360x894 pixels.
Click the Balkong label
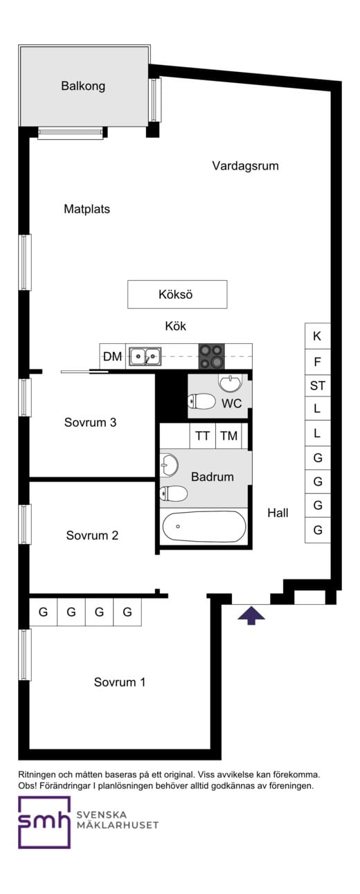(x=82, y=86)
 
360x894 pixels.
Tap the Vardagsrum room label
(x=245, y=166)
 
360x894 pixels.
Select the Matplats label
(x=87, y=209)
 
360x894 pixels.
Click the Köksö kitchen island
(x=177, y=294)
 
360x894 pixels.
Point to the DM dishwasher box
(x=112, y=356)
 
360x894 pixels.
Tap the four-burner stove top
(x=212, y=356)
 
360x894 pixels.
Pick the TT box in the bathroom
(x=202, y=436)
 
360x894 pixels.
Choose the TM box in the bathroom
(x=228, y=436)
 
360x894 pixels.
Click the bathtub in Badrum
(x=204, y=527)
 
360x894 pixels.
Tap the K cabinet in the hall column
(x=317, y=336)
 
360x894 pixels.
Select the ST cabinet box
(x=317, y=385)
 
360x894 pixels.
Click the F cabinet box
(x=317, y=361)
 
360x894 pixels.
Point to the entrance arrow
(x=251, y=614)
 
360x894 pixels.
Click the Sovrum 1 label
(x=120, y=682)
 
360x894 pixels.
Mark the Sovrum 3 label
(x=90, y=422)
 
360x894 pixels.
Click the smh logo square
(x=44, y=822)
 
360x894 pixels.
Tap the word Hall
(x=278, y=513)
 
